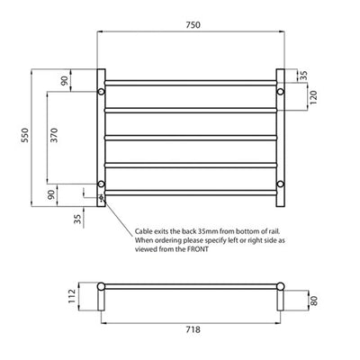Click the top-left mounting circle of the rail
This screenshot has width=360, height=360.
coord(102,92)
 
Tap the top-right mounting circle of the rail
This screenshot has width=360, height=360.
coord(279,92)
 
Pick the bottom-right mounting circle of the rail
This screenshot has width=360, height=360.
coord(279,185)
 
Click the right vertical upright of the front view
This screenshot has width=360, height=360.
coord(281,135)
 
